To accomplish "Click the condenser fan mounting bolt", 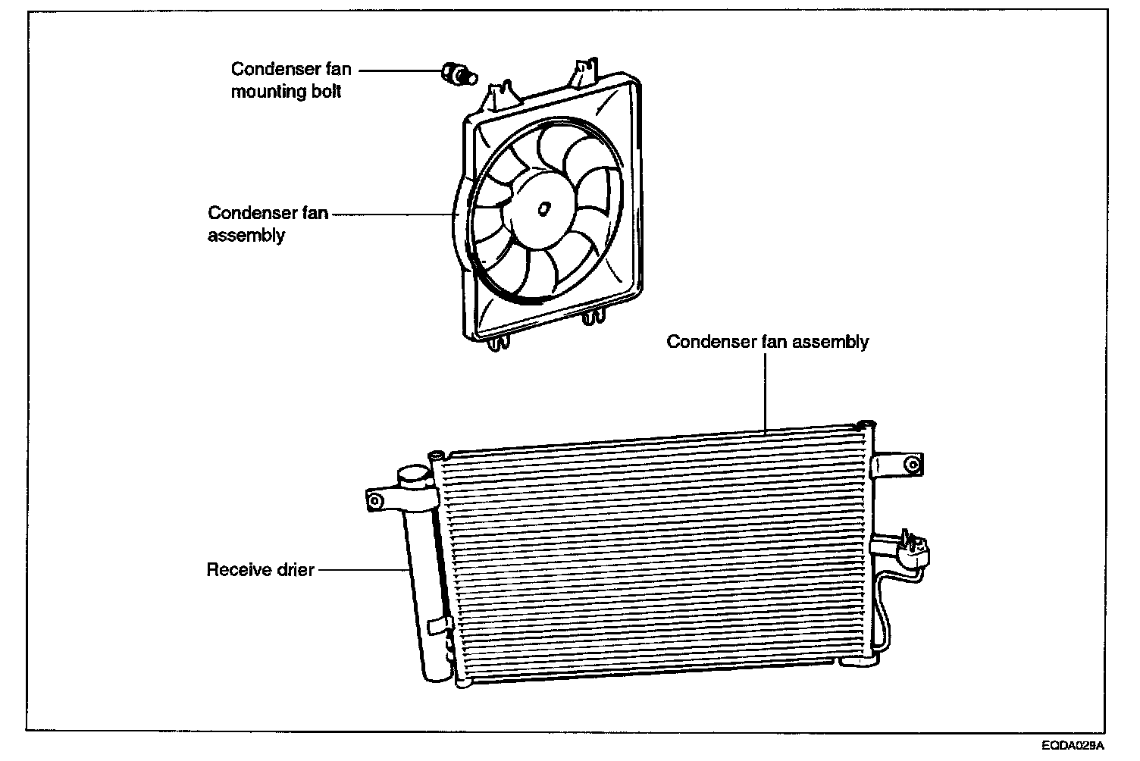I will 456,73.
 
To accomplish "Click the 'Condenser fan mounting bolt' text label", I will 291,80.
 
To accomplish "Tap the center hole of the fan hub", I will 543,208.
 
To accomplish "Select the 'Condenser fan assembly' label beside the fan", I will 268,224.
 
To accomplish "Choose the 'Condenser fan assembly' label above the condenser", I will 767,342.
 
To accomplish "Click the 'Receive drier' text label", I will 260,569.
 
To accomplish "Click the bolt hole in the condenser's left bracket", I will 373,500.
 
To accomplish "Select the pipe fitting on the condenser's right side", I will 913,547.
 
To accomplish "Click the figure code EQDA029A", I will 1072,746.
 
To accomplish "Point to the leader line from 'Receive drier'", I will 361,569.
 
